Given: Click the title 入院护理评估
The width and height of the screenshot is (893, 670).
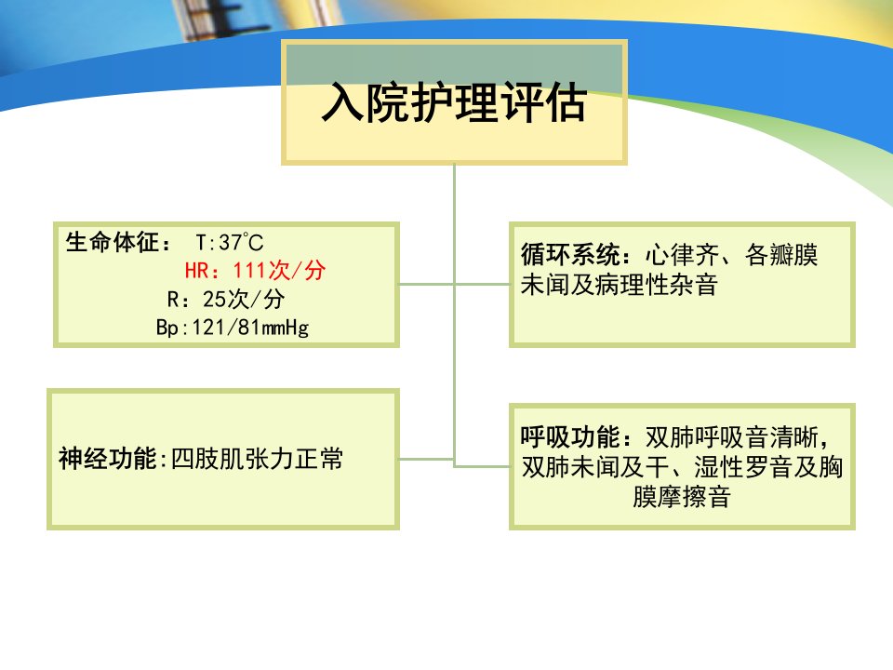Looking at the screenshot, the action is (454, 102).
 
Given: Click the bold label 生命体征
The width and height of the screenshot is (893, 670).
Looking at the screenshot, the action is (113, 242).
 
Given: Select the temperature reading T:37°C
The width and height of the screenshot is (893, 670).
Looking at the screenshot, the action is (230, 243).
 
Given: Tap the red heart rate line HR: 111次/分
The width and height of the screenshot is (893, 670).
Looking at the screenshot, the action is (255, 270).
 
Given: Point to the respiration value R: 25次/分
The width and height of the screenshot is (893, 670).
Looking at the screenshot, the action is (226, 299).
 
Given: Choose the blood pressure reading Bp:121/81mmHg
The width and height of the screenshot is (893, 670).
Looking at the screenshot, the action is (233, 328).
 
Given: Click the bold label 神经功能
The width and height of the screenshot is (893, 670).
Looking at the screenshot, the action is (107, 459).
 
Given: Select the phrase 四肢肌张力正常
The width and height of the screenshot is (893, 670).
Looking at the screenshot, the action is (258, 459).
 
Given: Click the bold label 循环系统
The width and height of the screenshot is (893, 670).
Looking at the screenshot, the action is (570, 255).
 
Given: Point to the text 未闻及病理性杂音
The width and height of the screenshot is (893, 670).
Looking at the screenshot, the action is (620, 285).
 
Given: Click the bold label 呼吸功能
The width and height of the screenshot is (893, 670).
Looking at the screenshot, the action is (569, 437).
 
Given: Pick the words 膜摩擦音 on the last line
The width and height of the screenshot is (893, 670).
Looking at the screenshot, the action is (682, 496).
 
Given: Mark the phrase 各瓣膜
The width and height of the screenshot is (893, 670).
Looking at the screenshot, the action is (781, 255).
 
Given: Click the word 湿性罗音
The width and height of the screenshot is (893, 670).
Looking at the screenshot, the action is (743, 467).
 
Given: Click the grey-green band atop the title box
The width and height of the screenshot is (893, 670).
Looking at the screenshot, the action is (454, 64).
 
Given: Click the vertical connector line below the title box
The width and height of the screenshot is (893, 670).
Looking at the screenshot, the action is (454, 315).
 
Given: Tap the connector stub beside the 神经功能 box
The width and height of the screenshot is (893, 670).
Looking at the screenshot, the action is (426, 459).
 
